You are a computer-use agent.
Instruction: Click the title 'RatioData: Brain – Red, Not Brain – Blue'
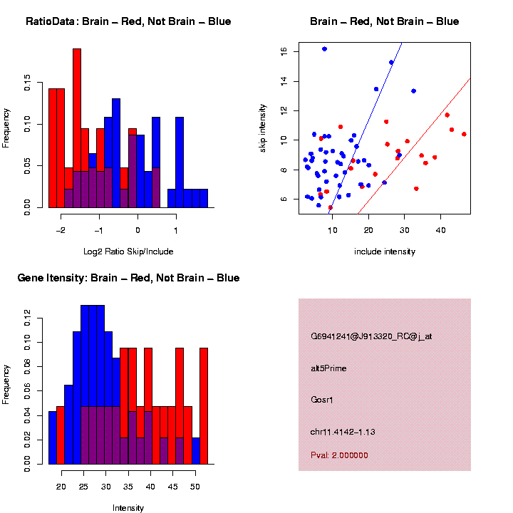128,21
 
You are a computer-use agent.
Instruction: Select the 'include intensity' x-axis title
384,252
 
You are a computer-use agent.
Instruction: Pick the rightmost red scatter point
464,134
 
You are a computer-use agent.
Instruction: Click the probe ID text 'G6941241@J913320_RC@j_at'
371,336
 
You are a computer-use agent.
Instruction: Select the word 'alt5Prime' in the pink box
328,368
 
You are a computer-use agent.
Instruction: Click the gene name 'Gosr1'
322,400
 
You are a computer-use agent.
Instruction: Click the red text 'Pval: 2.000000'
339,455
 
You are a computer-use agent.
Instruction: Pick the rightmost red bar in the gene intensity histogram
204,405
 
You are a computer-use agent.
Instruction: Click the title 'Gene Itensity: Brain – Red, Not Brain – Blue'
128,278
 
